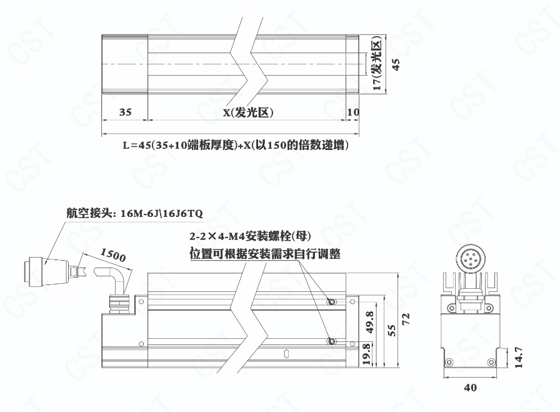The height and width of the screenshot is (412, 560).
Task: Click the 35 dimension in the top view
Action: pyautogui.click(x=125, y=112)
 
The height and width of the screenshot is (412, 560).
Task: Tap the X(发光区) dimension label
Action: pyautogui.click(x=248, y=113)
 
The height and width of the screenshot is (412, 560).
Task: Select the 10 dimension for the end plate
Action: pyautogui.click(x=353, y=112)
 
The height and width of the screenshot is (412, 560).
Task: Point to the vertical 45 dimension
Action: pyautogui.click(x=396, y=64)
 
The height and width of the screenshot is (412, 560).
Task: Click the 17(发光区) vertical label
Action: pyautogui.click(x=377, y=63)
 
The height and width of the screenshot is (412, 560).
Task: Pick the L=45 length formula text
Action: pyautogui.click(x=236, y=144)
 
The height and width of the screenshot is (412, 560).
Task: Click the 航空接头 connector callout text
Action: pyautogui.click(x=134, y=213)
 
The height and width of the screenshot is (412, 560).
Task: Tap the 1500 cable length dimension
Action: pyautogui.click(x=113, y=255)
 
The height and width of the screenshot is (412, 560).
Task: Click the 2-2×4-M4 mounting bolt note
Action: pyautogui.click(x=250, y=236)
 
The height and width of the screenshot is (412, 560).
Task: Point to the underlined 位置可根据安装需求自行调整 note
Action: pyautogui.click(x=265, y=254)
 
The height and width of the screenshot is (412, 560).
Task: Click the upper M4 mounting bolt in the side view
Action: pyautogui.click(x=332, y=302)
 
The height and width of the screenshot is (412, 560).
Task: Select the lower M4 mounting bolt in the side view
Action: pyautogui.click(x=332, y=341)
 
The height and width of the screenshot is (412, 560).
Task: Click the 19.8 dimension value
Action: pyautogui.click(x=367, y=354)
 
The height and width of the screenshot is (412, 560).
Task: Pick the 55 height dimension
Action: pyautogui.click(x=392, y=330)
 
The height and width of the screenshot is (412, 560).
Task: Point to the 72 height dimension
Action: pyautogui.click(x=406, y=319)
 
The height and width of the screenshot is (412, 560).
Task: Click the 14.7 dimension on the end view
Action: pyautogui.click(x=519, y=358)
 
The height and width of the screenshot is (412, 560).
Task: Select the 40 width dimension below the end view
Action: pyautogui.click(x=470, y=388)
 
